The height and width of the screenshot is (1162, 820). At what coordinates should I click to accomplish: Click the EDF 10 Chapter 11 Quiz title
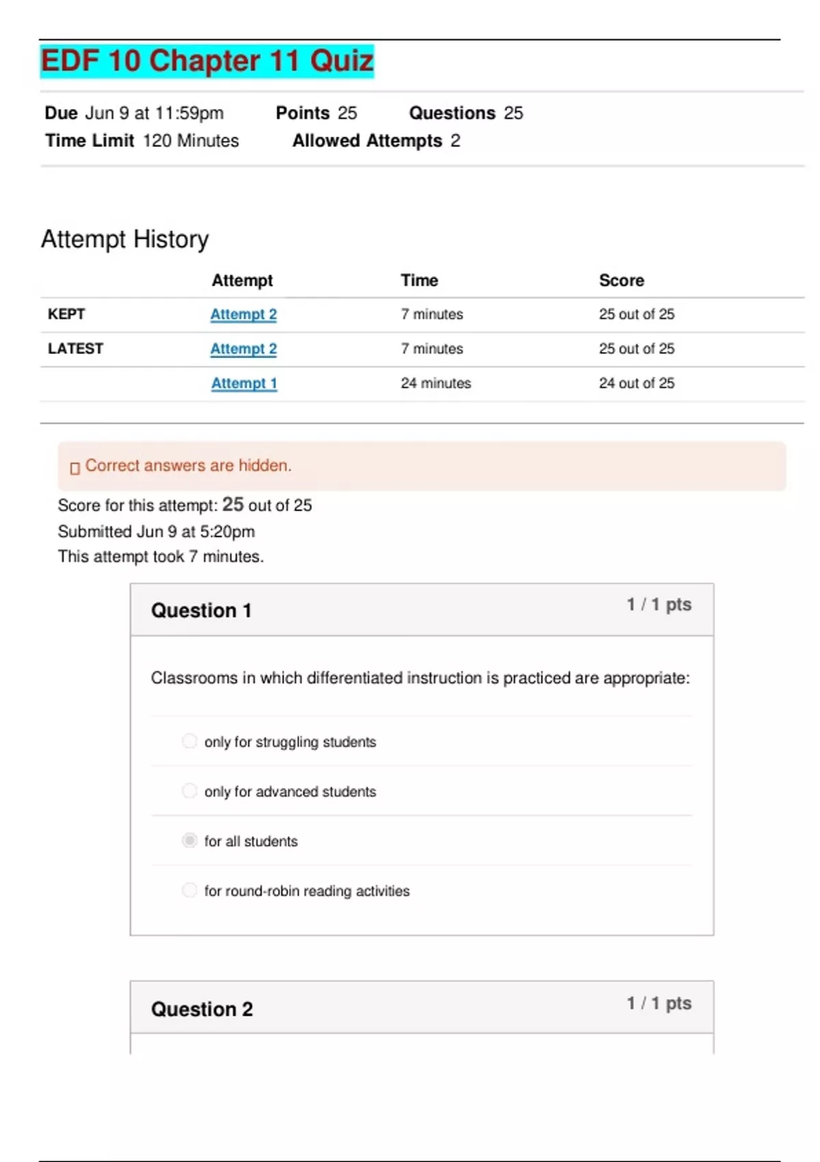(x=207, y=61)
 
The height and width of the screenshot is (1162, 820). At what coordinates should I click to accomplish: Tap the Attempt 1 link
(x=244, y=383)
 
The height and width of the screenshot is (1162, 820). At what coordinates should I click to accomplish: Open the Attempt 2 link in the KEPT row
(x=243, y=314)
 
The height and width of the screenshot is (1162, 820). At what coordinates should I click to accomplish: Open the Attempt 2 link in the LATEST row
(x=243, y=349)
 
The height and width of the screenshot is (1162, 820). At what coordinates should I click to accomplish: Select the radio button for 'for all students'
(x=189, y=840)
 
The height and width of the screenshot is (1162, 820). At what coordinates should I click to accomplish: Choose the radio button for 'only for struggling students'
(x=189, y=741)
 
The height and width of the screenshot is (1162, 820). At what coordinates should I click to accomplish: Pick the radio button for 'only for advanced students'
(x=189, y=791)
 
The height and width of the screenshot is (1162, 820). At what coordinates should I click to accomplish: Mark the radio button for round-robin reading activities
(x=189, y=890)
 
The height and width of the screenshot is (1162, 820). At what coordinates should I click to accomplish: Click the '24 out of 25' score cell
(x=636, y=383)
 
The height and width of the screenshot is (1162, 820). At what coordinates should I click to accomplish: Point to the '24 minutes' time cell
(x=436, y=383)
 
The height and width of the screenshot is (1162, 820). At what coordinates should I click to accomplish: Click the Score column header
(x=621, y=280)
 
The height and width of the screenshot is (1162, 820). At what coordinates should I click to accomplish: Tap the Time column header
(x=419, y=280)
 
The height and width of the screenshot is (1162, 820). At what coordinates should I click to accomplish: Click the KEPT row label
(x=66, y=314)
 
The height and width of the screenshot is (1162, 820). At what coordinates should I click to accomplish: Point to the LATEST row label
(x=75, y=349)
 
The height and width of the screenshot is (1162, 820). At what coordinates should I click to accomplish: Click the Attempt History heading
(x=125, y=239)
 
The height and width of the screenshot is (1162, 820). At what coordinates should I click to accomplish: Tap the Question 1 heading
(x=201, y=610)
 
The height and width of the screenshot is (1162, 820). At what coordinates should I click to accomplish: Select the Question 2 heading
(x=202, y=1009)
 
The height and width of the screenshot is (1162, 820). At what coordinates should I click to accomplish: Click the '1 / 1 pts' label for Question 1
(x=659, y=605)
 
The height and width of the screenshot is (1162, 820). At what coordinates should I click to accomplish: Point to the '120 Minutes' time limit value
(x=191, y=141)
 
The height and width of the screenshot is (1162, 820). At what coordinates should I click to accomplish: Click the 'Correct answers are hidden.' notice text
(x=188, y=466)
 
